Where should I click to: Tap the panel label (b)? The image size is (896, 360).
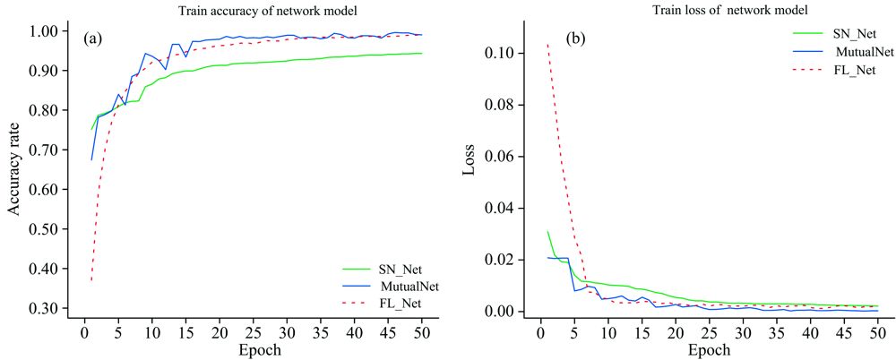[575, 39]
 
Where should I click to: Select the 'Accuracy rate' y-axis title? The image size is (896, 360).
[14, 171]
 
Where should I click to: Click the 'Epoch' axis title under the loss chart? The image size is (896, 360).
[711, 350]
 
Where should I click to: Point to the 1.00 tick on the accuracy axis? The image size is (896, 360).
[51, 31]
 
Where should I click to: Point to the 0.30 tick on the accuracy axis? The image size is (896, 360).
[51, 308]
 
